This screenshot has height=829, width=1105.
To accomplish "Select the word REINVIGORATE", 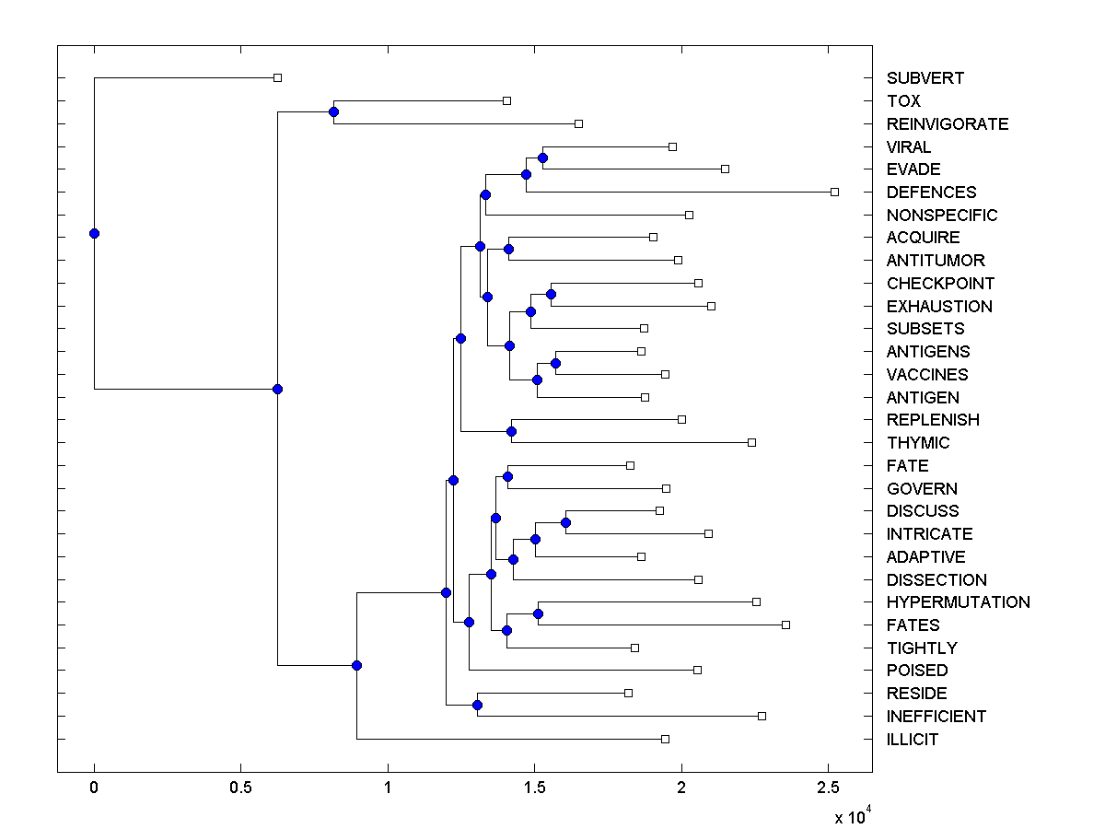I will [x=948, y=123].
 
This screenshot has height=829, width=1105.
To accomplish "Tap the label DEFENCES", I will [x=931, y=193].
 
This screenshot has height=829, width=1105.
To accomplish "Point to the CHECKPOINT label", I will [x=940, y=283].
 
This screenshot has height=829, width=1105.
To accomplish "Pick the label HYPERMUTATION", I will [x=958, y=602].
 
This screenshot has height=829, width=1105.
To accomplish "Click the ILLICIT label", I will [x=913, y=739].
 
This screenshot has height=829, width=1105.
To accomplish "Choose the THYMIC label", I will [x=918, y=443].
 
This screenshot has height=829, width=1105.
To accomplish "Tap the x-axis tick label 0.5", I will [x=241, y=788].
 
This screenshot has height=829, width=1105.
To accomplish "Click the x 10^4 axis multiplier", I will [x=853, y=817].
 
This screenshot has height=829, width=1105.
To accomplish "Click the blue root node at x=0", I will [x=94, y=233].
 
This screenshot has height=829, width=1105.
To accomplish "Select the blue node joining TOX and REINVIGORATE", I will [x=333, y=112].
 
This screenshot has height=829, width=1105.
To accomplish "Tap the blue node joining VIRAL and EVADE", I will [x=542, y=158].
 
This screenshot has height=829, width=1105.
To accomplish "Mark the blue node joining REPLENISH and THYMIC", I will [x=512, y=431].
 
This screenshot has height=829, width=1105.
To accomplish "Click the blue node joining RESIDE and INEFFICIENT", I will [x=477, y=705].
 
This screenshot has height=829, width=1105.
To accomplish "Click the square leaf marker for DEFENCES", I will [x=834, y=192].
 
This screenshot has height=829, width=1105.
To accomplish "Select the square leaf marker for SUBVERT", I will [x=277, y=78].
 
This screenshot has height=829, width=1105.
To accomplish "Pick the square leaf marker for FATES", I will [x=785, y=625].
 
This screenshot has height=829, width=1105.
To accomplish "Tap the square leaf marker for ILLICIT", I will [x=665, y=739].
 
